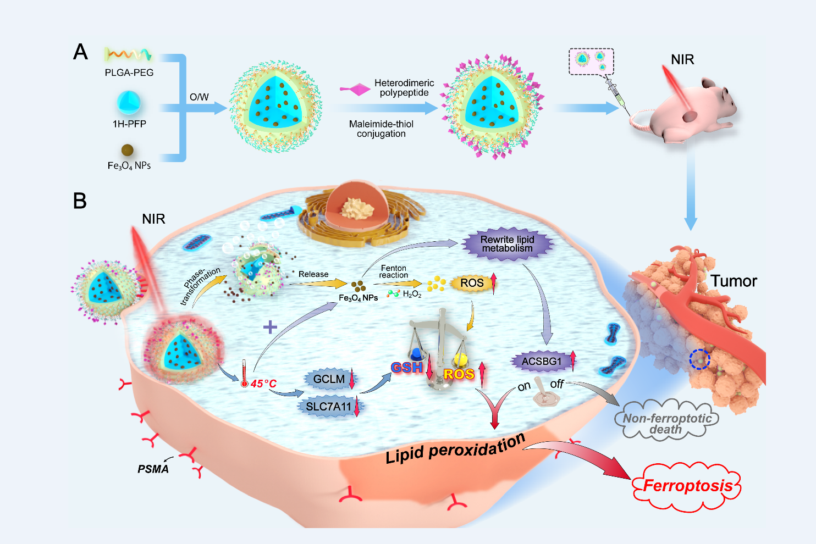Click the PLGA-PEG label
[x=129, y=73]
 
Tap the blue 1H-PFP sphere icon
[x=129, y=103]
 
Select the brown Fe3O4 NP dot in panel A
[x=127, y=150]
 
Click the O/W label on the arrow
[x=199, y=97]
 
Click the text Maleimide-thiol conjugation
[x=381, y=129]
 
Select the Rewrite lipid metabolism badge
[x=507, y=244]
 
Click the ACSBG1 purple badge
[x=542, y=362]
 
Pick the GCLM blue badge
[x=329, y=379]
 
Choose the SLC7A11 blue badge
[x=328, y=407]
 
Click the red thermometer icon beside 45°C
[x=244, y=374]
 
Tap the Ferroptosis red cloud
[x=687, y=486]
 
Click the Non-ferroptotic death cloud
[x=666, y=423]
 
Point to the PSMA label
[x=153, y=469]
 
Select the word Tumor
[x=734, y=281]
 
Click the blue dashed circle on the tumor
[x=700, y=359]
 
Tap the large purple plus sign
[x=270, y=327]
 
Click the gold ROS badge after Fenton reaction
[x=472, y=283]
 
